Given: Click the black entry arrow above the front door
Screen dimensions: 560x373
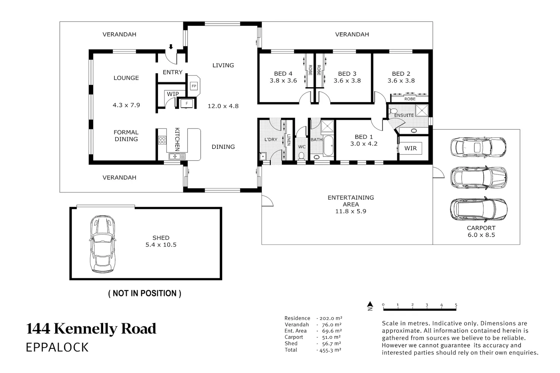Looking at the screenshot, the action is [171, 47].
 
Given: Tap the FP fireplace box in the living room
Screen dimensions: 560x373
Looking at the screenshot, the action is [194, 86].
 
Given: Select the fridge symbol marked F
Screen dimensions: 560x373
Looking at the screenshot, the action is [187, 103].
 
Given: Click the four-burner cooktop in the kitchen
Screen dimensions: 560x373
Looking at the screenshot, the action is [162, 140].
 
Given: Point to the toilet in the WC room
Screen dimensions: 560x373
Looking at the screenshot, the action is [301, 156].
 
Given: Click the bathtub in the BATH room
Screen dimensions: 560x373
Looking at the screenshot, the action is [328, 145].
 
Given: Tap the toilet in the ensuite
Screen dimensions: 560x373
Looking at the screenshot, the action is [393, 111].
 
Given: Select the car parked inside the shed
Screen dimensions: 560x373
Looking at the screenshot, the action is [103, 244].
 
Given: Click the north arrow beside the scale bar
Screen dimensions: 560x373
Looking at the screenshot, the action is [370, 306].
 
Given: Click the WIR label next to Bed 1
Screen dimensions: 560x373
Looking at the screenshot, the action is [411, 148].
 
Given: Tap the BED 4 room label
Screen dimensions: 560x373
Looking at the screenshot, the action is [283, 74].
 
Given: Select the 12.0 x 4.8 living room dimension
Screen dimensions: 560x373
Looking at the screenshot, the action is [223, 106].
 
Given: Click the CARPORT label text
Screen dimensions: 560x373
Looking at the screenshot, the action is [481, 228].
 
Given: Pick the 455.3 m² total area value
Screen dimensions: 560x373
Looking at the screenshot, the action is [330, 350].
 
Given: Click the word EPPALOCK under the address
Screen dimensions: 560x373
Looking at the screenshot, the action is [57, 347].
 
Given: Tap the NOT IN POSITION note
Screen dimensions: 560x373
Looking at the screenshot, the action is [145, 293].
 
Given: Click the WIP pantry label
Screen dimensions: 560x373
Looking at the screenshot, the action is [173, 94].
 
